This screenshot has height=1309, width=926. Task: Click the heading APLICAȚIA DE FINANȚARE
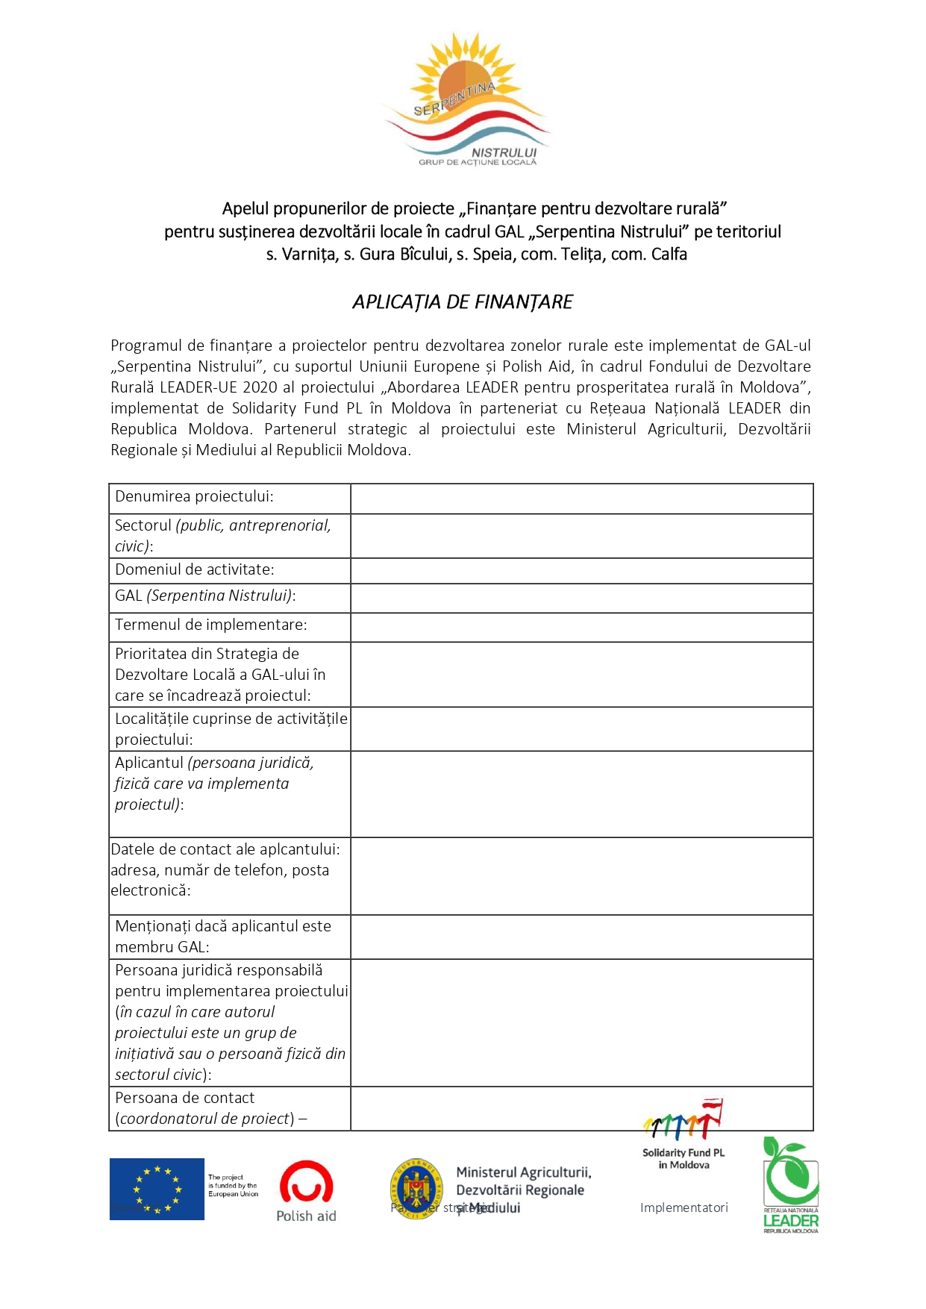point(463,302)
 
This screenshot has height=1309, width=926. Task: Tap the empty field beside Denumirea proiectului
point(581,499)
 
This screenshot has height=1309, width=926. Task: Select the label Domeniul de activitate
point(195,569)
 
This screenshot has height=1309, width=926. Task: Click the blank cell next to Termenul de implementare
point(581,627)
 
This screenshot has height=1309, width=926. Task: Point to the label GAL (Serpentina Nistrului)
point(205,596)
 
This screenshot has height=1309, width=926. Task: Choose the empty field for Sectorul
point(581,536)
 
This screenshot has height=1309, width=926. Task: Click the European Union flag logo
point(157,1189)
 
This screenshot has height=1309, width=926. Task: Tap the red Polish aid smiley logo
point(306,1181)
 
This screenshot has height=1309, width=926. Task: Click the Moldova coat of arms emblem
point(416,1189)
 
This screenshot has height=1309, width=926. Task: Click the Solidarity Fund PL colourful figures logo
point(683,1120)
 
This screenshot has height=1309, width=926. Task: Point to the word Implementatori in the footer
point(683,1208)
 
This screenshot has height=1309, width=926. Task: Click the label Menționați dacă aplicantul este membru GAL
point(223,937)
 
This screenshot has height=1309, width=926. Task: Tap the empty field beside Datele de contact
point(581,875)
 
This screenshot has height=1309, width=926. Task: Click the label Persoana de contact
point(185,1098)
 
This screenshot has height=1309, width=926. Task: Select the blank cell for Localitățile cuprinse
point(581,728)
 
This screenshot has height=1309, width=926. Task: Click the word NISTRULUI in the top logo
point(504,152)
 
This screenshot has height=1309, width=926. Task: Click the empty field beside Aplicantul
point(581,794)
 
